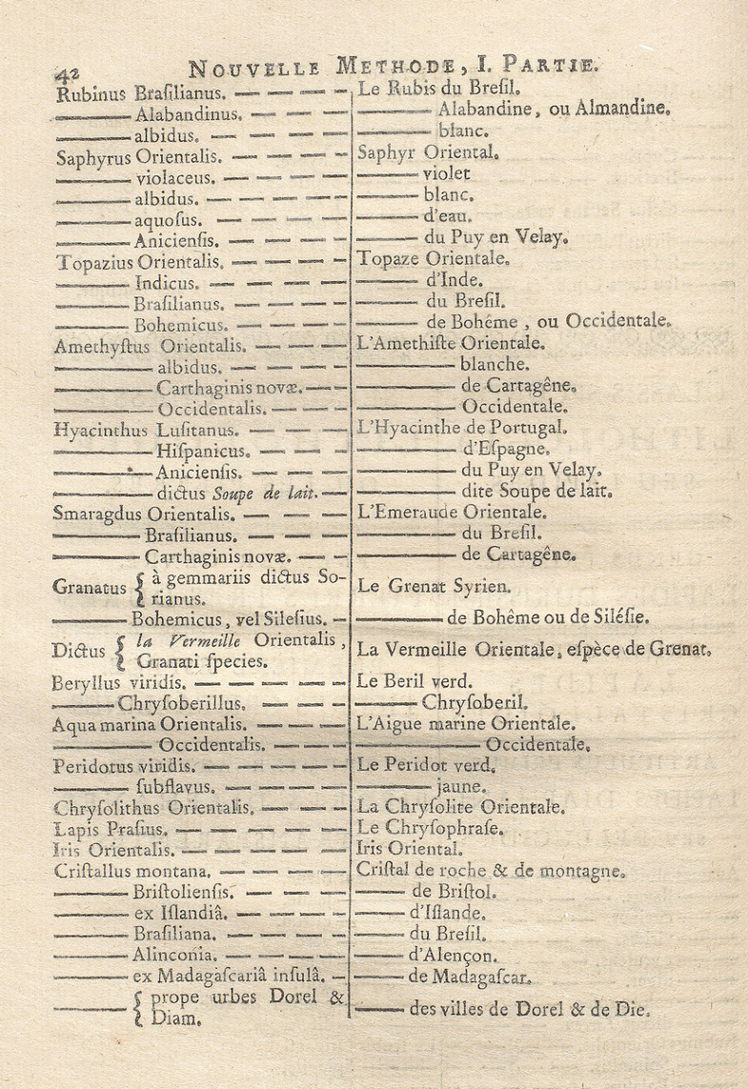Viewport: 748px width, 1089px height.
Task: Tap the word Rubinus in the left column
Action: point(92,94)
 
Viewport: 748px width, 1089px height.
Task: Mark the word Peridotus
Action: point(96,766)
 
